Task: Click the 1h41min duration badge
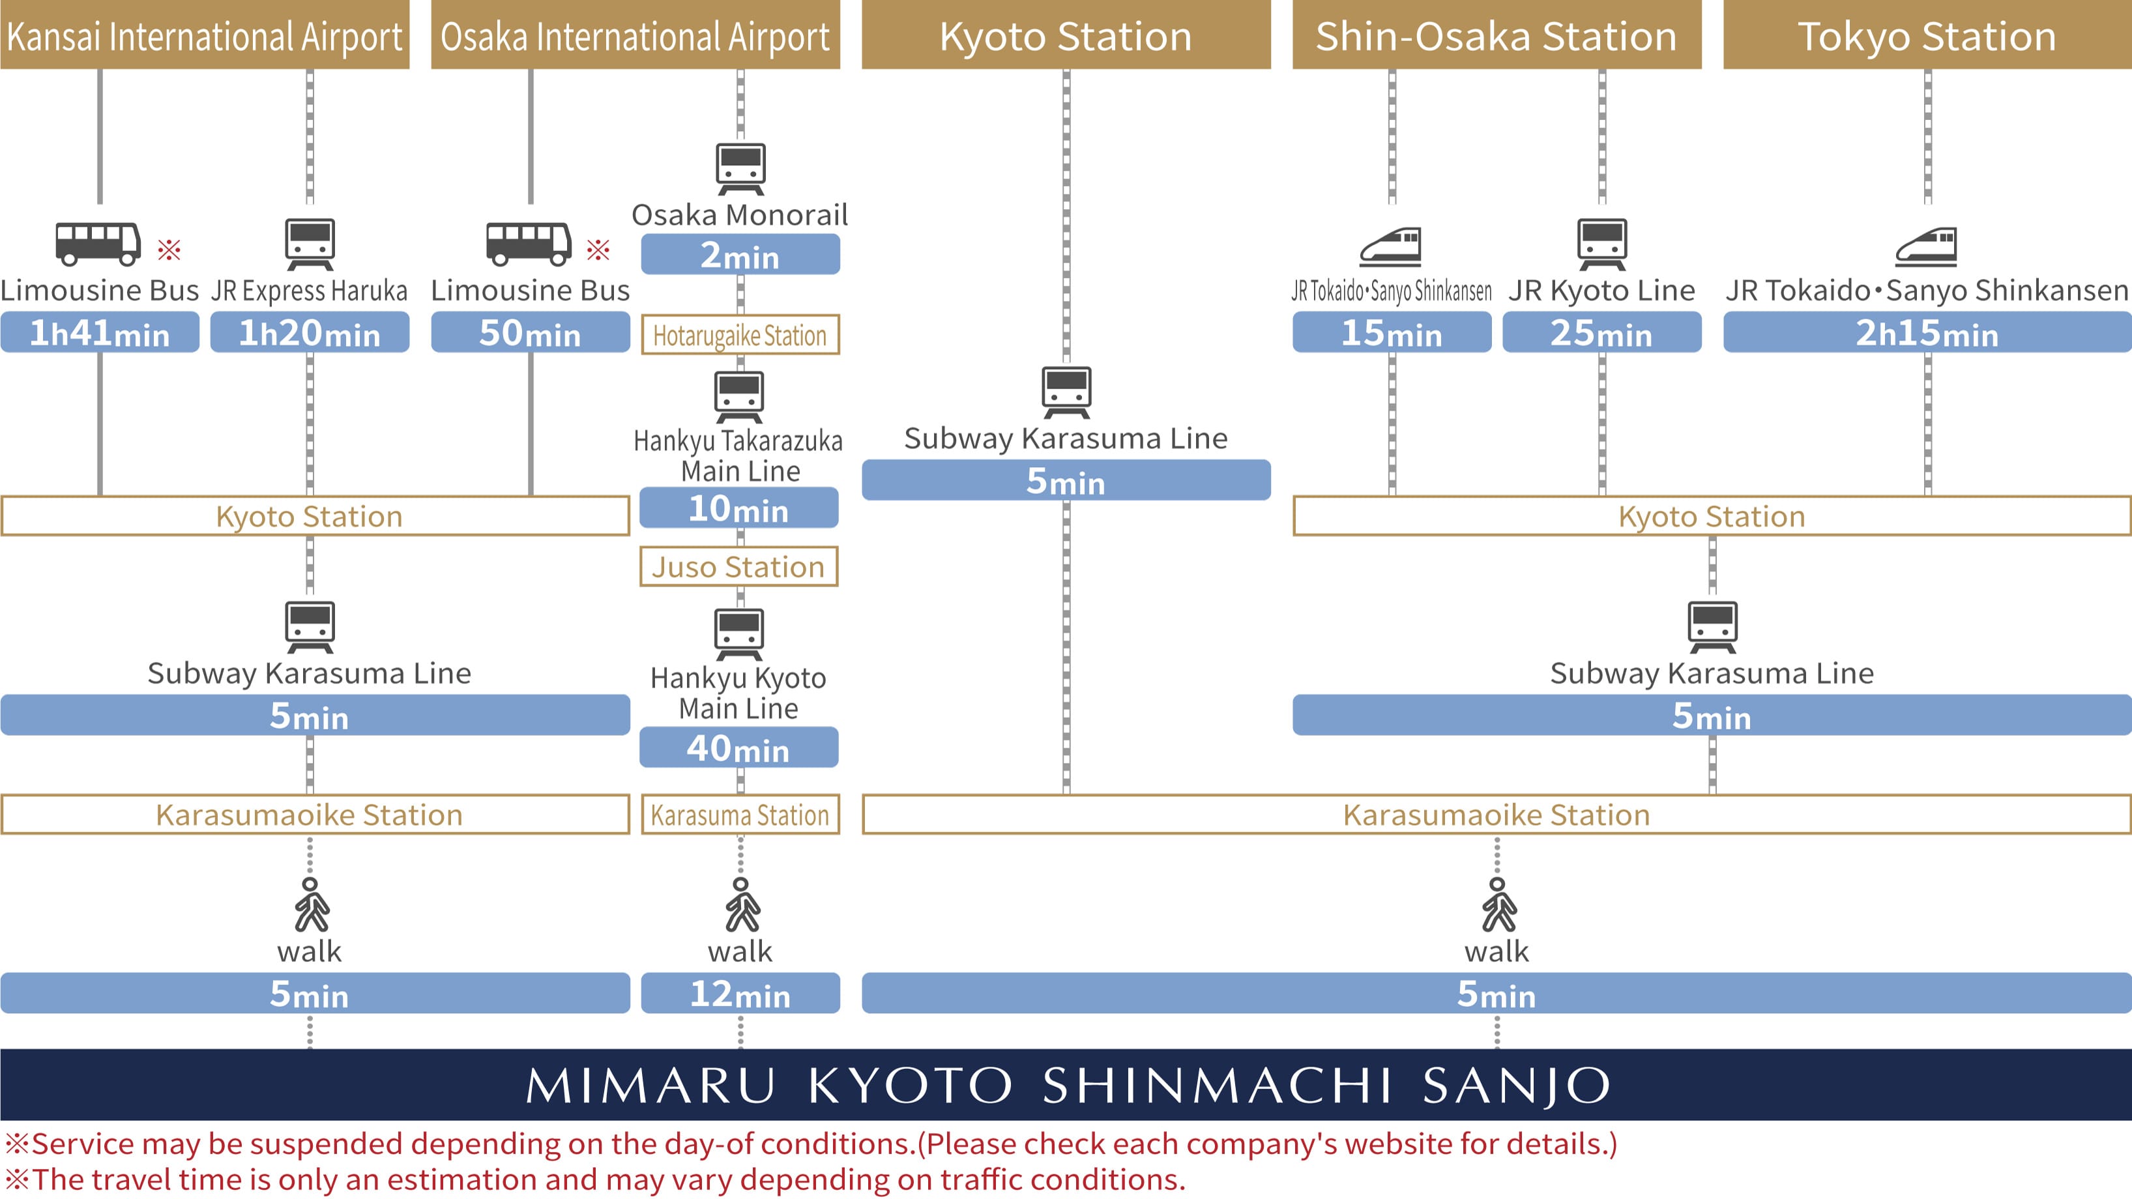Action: [x=99, y=332]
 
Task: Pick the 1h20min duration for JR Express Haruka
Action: [x=310, y=332]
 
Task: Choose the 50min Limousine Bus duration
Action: [x=530, y=332]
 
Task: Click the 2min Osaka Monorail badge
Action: [x=740, y=255]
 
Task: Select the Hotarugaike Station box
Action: [x=740, y=335]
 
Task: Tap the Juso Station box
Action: [x=738, y=567]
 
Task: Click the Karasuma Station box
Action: [x=740, y=815]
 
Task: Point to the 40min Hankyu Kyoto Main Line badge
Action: [x=738, y=748]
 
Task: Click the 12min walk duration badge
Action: [x=740, y=994]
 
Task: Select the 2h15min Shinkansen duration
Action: [x=1927, y=332]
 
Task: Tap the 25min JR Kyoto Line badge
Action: [x=1601, y=332]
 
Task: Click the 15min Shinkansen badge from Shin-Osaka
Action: [x=1392, y=332]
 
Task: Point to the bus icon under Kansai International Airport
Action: [x=98, y=243]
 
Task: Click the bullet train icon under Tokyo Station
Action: [x=1927, y=246]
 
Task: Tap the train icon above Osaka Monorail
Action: [x=740, y=168]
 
